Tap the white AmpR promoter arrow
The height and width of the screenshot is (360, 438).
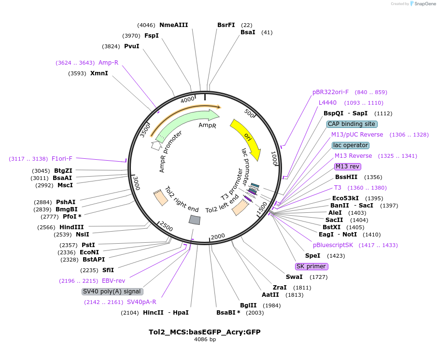(x=155, y=145)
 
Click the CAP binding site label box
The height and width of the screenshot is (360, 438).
(x=352, y=124)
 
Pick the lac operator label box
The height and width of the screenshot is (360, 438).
(x=351, y=145)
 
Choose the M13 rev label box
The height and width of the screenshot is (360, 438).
(x=348, y=166)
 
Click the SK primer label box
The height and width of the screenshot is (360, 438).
(x=311, y=266)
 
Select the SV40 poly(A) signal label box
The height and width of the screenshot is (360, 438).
(x=112, y=291)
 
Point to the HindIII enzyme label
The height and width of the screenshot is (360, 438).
(x=71, y=227)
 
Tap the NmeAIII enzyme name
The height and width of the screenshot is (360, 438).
(x=174, y=25)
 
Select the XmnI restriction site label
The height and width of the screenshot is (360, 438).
(x=99, y=73)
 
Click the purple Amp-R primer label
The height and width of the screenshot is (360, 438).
(x=108, y=63)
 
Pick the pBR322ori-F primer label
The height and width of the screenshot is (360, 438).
(x=330, y=92)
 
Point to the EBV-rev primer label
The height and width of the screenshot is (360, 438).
(x=113, y=281)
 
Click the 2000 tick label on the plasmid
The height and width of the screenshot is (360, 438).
(x=218, y=236)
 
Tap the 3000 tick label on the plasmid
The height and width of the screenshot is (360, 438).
(x=137, y=183)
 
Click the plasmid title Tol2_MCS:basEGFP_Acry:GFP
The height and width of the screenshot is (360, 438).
(x=205, y=332)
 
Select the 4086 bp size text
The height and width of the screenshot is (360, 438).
(x=205, y=339)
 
